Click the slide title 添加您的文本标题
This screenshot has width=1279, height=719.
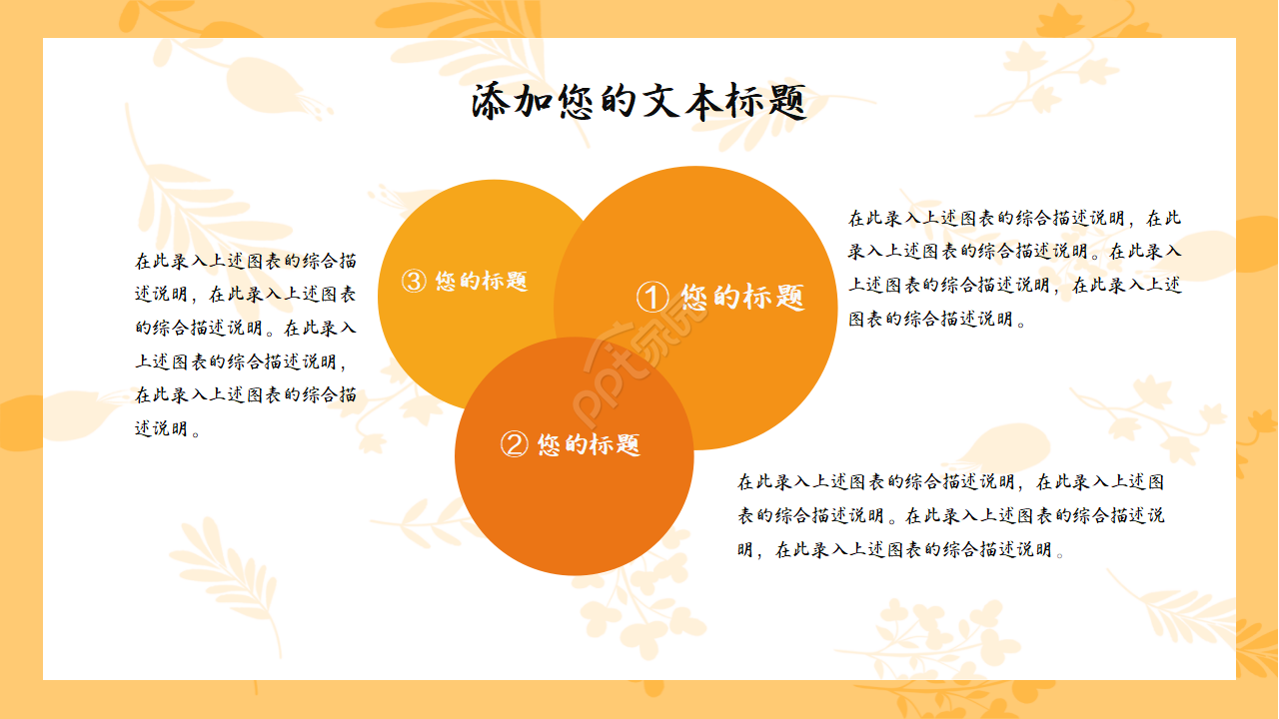click(639, 103)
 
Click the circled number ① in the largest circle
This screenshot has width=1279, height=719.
click(652, 297)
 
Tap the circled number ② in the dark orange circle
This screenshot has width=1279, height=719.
click(514, 444)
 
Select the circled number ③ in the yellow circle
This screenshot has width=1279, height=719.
click(414, 282)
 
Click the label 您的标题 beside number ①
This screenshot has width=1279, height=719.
click(742, 297)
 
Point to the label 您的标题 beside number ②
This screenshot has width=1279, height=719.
click(589, 444)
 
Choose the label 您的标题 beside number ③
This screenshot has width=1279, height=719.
click(481, 282)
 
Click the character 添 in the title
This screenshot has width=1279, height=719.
click(492, 103)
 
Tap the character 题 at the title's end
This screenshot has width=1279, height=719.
click(786, 103)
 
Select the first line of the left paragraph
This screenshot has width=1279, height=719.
click(246, 261)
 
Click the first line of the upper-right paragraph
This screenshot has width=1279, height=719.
click(1014, 218)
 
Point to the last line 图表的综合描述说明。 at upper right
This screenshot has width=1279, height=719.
click(936, 320)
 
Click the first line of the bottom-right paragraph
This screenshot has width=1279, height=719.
click(950, 481)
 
